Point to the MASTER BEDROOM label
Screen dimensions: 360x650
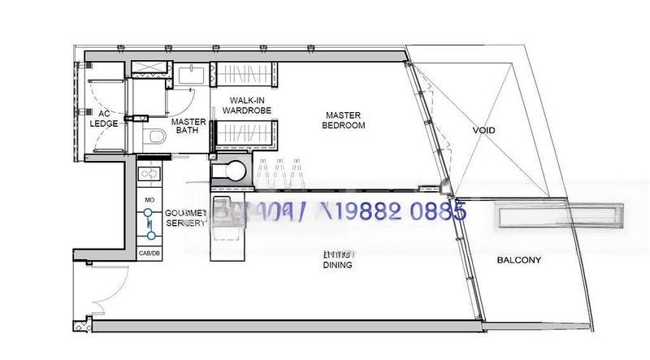coord(344,120)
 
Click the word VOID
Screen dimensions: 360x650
coord(483,130)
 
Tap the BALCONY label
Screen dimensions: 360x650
coord(518,260)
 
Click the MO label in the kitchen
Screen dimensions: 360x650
coord(149,199)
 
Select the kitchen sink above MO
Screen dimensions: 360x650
coord(149,173)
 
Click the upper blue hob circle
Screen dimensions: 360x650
coord(149,214)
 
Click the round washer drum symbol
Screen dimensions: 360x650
coord(235,171)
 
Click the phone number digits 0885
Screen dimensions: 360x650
coord(441,214)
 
